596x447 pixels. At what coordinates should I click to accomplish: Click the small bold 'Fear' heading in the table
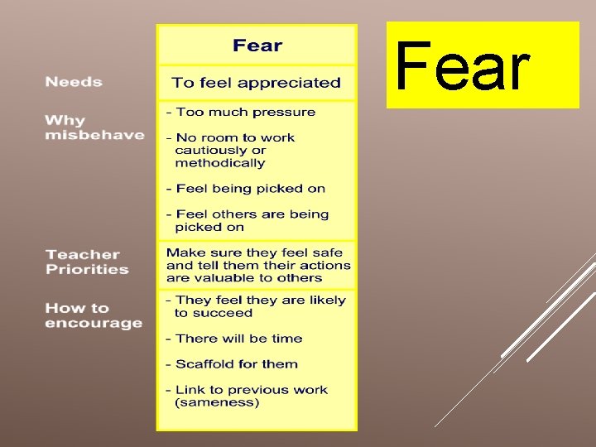[x=257, y=46]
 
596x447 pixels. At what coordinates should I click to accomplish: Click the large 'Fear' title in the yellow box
[x=462, y=68]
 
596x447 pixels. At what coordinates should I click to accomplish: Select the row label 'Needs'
[x=74, y=82]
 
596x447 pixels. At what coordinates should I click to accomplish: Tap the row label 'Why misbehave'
[x=94, y=127]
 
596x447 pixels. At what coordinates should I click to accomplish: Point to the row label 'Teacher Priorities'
[x=87, y=262]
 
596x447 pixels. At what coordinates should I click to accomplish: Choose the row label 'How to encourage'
[x=94, y=315]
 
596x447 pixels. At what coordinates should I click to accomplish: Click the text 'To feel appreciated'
[x=256, y=83]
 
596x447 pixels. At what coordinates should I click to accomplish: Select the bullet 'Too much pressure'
[x=241, y=112]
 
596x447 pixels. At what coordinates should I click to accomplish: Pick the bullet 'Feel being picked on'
[x=246, y=189]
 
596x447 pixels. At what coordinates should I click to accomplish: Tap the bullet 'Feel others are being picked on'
[x=248, y=220]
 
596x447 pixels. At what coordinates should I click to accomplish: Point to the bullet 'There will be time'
[x=234, y=339]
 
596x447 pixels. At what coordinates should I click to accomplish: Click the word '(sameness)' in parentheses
[x=217, y=402]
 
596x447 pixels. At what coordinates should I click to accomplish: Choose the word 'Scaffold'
[x=204, y=364]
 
